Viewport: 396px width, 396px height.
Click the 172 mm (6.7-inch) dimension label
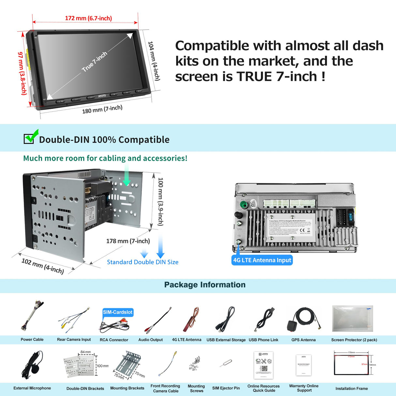88,18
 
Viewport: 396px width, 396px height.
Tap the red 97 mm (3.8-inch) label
22,73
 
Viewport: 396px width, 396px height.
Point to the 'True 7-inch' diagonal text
94,61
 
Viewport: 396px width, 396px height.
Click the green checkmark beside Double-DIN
31,137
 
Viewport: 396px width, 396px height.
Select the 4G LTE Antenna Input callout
262,260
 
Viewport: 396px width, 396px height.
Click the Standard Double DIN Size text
143,262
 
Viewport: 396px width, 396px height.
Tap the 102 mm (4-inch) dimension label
42,266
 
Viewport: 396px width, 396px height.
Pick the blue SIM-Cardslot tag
118,312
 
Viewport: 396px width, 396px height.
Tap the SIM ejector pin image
226,363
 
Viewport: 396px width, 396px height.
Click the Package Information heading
205,285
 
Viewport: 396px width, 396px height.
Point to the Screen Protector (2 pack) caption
354,340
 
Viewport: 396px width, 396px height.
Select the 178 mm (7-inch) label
128,241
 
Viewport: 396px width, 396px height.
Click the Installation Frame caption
351,388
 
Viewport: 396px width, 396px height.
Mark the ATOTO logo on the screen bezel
102,96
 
